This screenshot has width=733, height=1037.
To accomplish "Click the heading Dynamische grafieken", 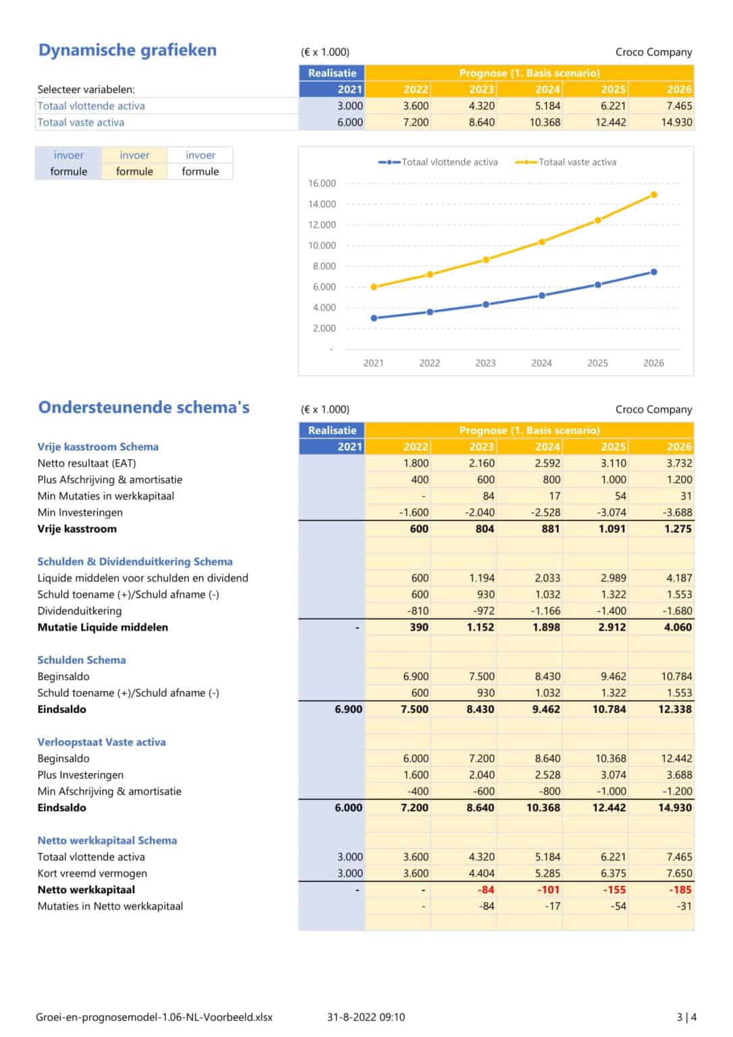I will click(128, 50).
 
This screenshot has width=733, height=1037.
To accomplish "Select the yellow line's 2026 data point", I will click(653, 195).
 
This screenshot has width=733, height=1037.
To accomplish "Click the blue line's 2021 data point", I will click(374, 318).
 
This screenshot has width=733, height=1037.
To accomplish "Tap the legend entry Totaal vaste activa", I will click(576, 162).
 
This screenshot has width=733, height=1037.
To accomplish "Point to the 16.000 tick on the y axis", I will click(322, 184).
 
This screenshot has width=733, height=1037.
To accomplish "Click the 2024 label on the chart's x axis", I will click(541, 363).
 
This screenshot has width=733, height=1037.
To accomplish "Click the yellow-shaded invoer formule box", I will click(134, 163).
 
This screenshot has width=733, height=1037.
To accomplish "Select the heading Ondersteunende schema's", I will click(144, 407).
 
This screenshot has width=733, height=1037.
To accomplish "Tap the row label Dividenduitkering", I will click(80, 611).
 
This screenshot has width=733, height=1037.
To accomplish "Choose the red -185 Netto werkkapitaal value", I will click(680, 890).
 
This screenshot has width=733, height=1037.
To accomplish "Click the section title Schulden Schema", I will click(82, 660).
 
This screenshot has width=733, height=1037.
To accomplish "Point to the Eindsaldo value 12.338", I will click(675, 710).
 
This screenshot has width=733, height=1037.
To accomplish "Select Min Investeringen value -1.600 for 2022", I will click(414, 512).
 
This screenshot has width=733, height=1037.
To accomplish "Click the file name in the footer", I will click(154, 1017).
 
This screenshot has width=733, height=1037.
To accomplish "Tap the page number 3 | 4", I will click(686, 1017).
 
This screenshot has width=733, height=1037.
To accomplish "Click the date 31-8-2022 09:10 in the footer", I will click(366, 1017).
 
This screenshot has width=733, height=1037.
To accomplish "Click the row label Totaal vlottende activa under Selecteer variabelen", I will click(91, 106).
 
